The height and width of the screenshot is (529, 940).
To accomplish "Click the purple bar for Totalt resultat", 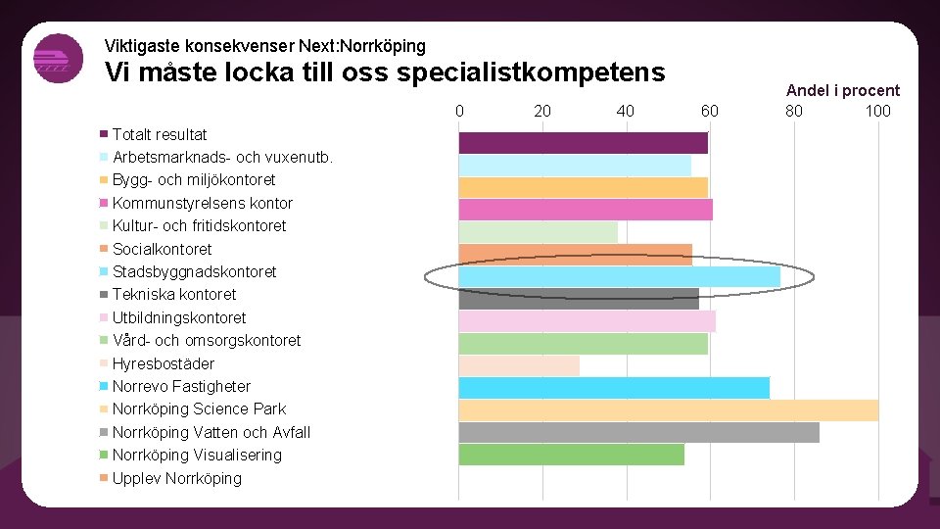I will [583, 143].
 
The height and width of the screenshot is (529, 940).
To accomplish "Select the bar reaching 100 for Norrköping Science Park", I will [668, 409].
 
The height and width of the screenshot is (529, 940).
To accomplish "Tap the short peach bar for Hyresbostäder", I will [519, 365].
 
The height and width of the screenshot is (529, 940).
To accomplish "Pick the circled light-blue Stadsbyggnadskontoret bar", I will [619, 276].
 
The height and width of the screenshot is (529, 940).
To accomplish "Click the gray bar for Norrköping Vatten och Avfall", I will [638, 432].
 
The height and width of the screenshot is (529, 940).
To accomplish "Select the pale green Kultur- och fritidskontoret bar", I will [538, 232].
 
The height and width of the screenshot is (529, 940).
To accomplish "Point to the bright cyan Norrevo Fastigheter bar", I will [614, 387].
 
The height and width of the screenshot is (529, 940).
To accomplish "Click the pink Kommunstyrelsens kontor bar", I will [586, 210].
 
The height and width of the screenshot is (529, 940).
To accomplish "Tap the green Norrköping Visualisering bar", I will [571, 455].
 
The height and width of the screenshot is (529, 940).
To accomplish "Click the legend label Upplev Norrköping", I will [176, 478].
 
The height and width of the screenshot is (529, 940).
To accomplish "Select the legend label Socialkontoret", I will [162, 249].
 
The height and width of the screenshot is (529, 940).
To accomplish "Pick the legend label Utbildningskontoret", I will [179, 317].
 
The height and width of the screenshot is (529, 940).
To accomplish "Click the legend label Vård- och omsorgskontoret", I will [206, 340].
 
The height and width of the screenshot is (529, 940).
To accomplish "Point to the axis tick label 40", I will [626, 111].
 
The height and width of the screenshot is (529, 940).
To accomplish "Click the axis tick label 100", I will [877, 111].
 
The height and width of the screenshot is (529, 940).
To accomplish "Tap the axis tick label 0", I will [459, 111].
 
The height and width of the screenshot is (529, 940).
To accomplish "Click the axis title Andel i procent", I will [842, 90].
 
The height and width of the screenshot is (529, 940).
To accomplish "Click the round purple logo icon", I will [58, 59].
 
